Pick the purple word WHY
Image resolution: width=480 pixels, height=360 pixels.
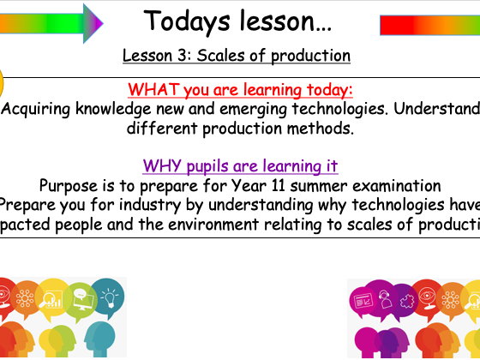[x=161, y=165]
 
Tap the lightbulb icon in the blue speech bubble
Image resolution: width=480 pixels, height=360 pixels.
[x=109, y=297]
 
